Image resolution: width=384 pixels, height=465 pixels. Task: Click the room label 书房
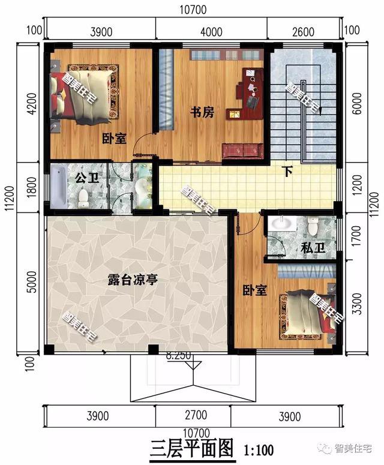(200, 112)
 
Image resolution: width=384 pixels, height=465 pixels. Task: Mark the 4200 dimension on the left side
(32, 103)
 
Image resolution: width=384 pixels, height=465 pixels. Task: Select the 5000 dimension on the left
(32, 281)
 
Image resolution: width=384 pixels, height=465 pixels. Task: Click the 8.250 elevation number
(179, 355)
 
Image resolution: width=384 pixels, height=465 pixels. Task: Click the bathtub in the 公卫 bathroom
(59, 187)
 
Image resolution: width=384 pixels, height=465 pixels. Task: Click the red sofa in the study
(243, 151)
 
